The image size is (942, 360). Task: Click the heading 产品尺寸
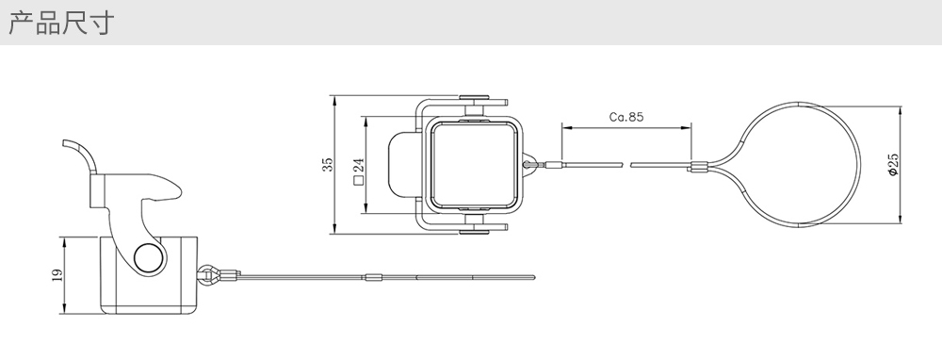pyautogui.click(x=61, y=23)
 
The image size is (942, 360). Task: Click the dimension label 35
pyautogui.click(x=328, y=165)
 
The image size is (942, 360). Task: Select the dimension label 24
pyautogui.click(x=359, y=164)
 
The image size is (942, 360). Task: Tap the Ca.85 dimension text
pyautogui.click(x=626, y=117)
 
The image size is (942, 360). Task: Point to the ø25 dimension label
pyautogui.click(x=892, y=165)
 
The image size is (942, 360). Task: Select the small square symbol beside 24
pyautogui.click(x=359, y=179)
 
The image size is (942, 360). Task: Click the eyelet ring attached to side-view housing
pyautogui.click(x=207, y=275)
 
